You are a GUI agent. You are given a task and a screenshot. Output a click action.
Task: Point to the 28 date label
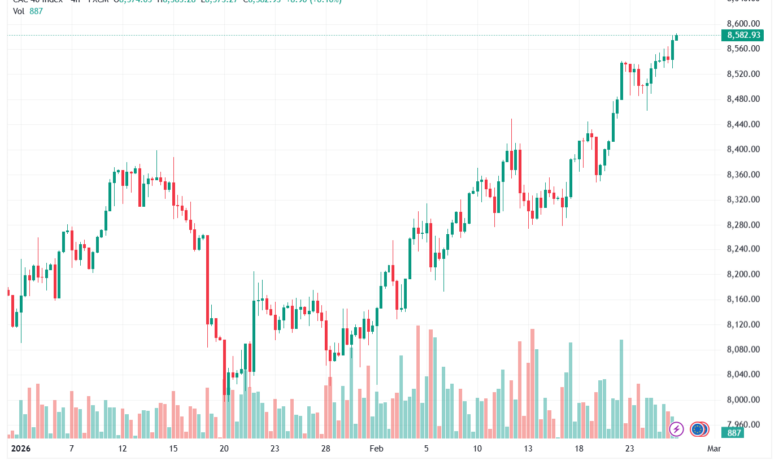click(x=326, y=450)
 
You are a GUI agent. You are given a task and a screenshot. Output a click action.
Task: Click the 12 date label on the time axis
click(x=122, y=450)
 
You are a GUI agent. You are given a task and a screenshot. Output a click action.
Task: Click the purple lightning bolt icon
click(x=677, y=429)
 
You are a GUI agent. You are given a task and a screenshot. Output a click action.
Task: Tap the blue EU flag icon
click(x=698, y=429)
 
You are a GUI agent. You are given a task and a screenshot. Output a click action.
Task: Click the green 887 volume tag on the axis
click(x=735, y=431)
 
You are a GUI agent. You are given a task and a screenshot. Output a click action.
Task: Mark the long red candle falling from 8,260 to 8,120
click(x=207, y=279)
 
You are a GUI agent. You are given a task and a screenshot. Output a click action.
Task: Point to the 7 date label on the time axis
click(x=70, y=450)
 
